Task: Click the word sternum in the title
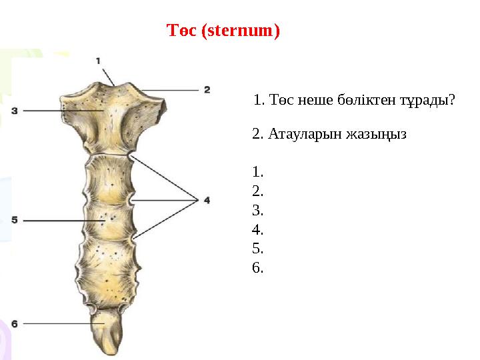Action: click(243, 31)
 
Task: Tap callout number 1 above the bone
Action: click(98, 61)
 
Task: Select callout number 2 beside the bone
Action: click(207, 89)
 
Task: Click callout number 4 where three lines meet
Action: click(207, 199)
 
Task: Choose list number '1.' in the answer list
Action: click(259, 173)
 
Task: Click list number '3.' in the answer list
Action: click(259, 211)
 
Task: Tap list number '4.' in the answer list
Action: click(259, 230)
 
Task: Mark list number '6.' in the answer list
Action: click(259, 268)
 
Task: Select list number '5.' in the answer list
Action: click(259, 249)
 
